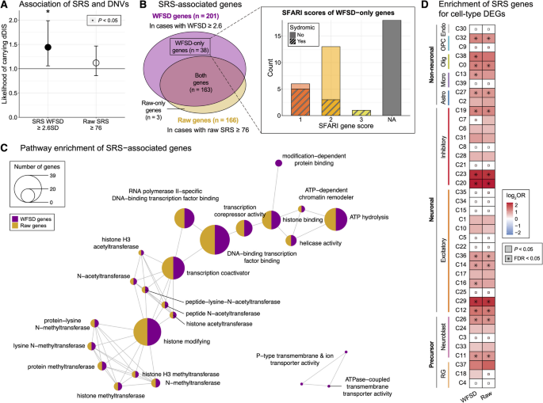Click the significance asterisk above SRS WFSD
pyautogui.click(x=48, y=14)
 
